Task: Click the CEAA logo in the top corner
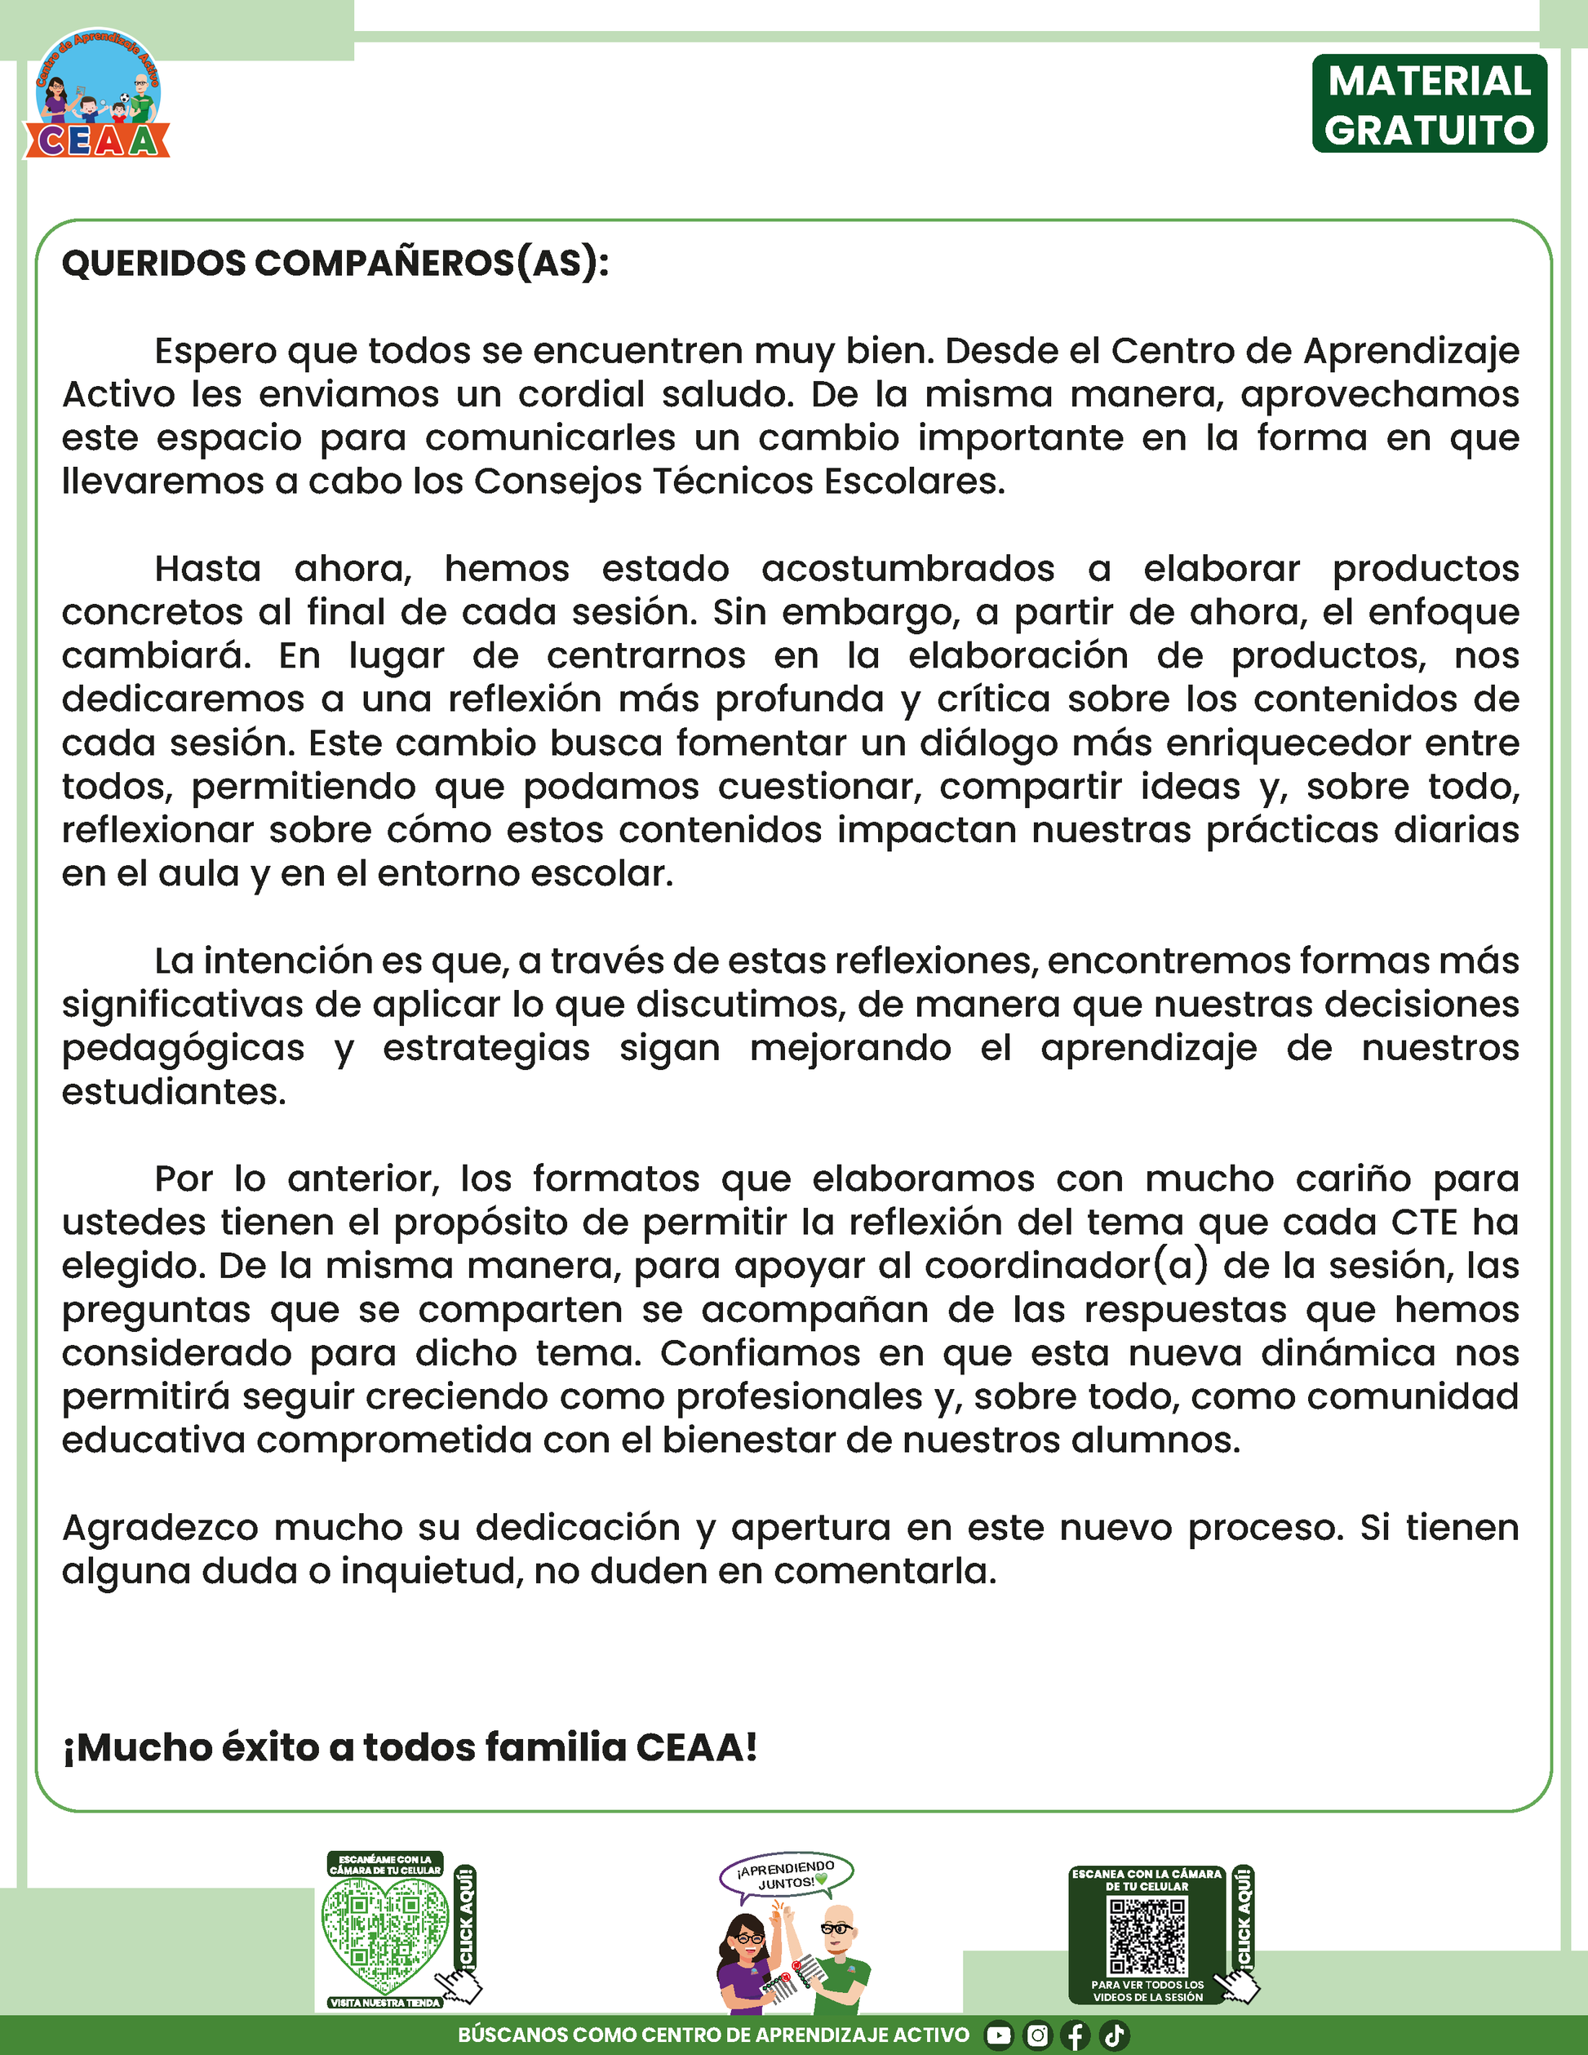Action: click(96, 94)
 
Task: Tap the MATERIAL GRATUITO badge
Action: click(1429, 104)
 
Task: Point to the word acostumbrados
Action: click(907, 570)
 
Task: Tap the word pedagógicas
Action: click(184, 1048)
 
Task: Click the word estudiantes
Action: click(173, 1091)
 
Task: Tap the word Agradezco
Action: click(160, 1527)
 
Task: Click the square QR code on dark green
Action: click(1147, 1934)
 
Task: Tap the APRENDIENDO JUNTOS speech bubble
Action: click(787, 1875)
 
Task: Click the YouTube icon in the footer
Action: click(998, 2035)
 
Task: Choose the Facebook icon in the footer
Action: click(1076, 2035)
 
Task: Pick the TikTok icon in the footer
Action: click(1114, 2035)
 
